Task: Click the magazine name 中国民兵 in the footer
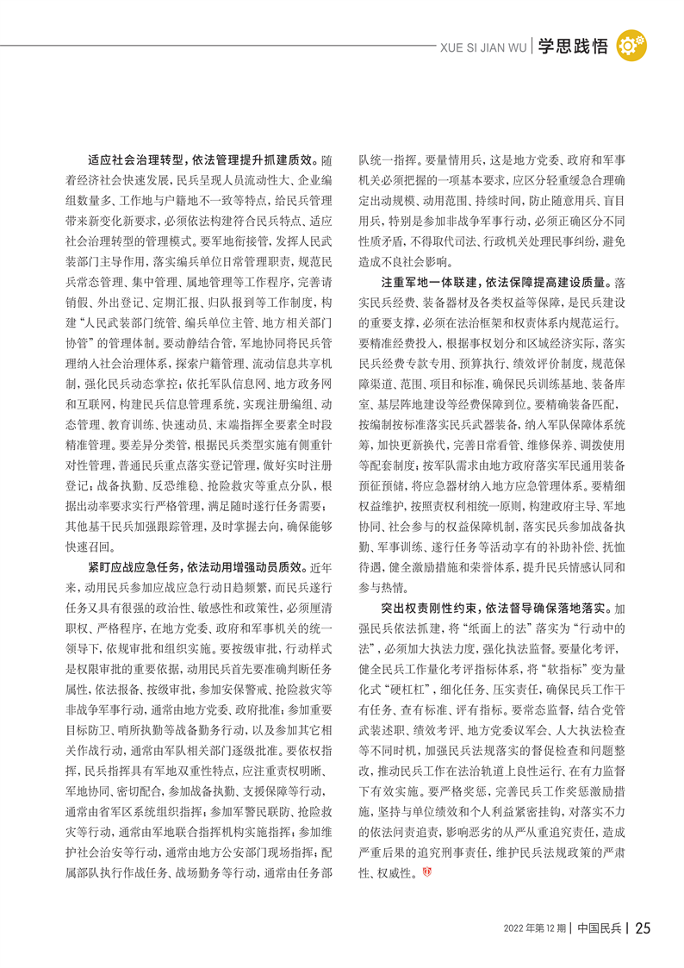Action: [600, 928]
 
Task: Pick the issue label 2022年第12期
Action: [536, 928]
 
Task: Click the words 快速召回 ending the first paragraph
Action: [84, 546]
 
